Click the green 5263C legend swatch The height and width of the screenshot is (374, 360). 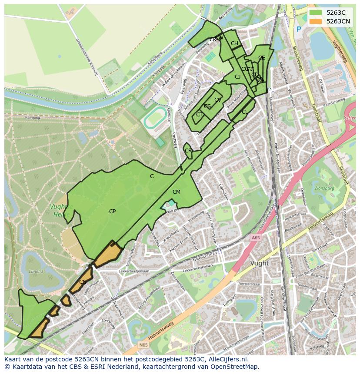(316, 13)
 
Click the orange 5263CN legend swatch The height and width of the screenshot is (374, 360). (316, 21)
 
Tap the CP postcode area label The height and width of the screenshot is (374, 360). (112, 212)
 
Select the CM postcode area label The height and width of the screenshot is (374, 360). (176, 192)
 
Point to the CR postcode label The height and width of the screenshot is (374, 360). (188, 151)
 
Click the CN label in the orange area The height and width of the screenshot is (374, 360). (83, 282)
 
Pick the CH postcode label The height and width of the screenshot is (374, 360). (234, 43)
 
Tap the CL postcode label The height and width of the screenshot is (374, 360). (244, 112)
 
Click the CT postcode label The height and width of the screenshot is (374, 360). (199, 115)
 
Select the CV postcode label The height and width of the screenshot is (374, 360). (218, 100)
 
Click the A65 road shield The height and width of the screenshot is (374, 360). (255, 238)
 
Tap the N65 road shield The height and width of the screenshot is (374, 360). (143, 345)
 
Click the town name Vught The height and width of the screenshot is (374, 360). (260, 263)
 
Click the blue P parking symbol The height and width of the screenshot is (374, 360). (298, 30)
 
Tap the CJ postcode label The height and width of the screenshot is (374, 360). (237, 77)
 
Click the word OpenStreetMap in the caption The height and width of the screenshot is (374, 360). (236, 367)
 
